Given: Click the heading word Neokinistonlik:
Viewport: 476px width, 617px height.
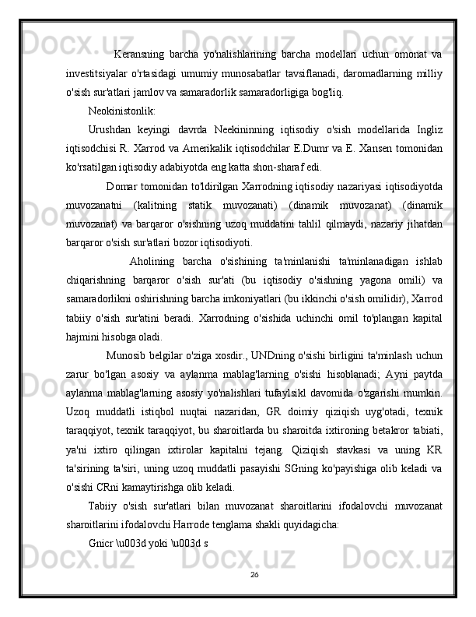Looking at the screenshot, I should [x=122, y=110].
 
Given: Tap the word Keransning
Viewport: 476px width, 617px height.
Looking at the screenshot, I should [x=138, y=55].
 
